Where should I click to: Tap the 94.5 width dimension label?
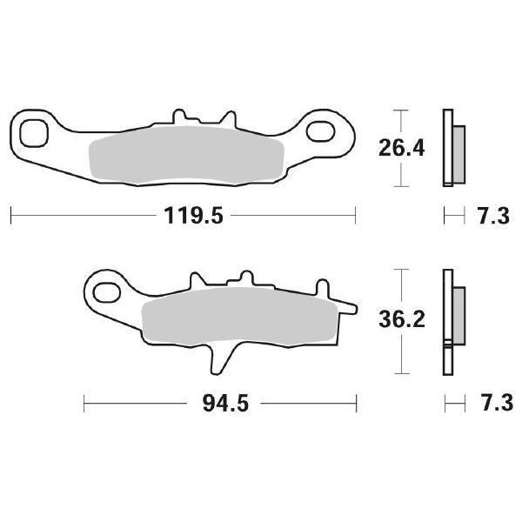point(221,404)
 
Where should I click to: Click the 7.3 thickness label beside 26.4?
point(492,217)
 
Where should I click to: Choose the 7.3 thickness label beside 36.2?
point(492,404)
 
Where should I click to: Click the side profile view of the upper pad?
point(453,148)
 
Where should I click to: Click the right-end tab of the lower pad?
point(347,306)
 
